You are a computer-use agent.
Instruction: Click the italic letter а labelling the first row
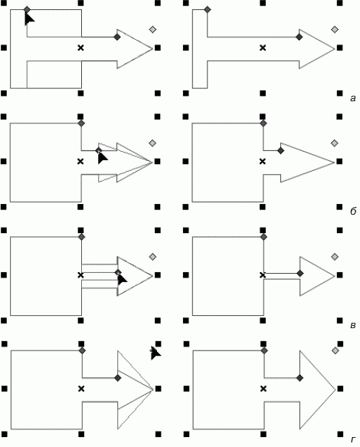tap(353, 99)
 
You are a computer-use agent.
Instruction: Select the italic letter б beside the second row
tap(353, 212)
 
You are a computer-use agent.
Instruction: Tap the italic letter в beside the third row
tap(353, 325)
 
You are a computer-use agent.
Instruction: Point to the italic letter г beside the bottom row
tap(353, 439)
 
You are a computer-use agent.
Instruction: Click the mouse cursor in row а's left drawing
tap(29, 19)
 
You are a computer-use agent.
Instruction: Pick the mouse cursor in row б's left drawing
tap(102, 158)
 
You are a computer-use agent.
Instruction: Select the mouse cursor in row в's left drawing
tap(122, 279)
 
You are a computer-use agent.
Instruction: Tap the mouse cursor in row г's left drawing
tap(155, 353)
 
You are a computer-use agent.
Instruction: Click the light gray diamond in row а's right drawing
tap(335, 29)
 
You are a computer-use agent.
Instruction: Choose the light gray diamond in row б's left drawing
tap(152, 143)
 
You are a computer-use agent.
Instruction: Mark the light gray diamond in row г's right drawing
tap(335, 350)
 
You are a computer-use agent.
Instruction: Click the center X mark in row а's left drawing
tap(81, 48)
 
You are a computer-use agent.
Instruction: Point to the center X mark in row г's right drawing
tap(263, 389)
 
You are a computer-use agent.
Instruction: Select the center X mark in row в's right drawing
tap(263, 274)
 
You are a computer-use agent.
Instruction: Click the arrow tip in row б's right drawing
tap(335, 163)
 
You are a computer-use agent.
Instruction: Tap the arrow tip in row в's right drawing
tap(335, 276)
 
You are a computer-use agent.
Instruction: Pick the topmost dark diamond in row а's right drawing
tap(208, 10)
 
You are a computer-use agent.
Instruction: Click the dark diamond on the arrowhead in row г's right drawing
tap(299, 378)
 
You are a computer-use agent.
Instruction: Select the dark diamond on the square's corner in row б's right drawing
tap(263, 123)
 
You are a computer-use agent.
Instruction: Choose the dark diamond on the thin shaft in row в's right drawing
tap(300, 274)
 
